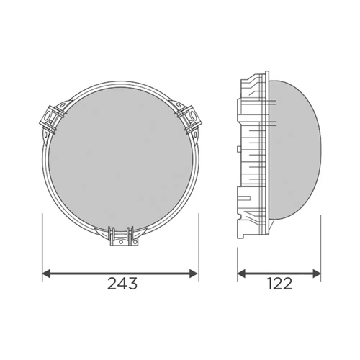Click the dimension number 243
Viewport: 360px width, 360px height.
(x=122, y=284)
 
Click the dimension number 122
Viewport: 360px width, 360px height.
(x=279, y=284)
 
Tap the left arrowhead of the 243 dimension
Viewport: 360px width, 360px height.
(x=46, y=274)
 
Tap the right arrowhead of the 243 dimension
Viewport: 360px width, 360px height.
(x=194, y=274)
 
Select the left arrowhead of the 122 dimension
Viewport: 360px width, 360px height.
(x=242, y=274)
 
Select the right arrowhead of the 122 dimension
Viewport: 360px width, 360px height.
(x=317, y=274)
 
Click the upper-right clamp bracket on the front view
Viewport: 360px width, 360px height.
(x=189, y=117)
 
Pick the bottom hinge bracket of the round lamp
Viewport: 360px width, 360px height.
(x=121, y=236)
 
